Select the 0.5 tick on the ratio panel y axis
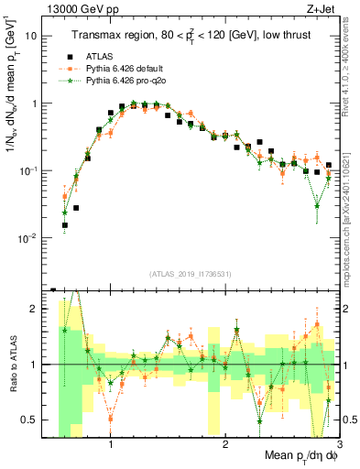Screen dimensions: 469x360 (34, 420)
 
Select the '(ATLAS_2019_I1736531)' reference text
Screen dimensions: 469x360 (191, 274)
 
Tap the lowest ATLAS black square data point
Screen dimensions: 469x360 (65, 224)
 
